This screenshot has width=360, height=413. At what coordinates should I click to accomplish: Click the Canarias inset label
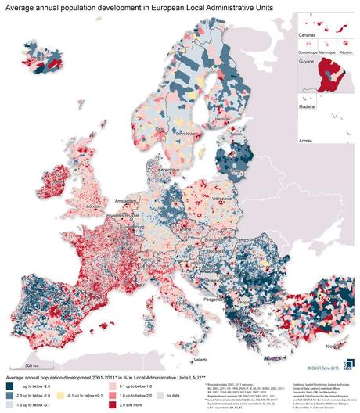[300, 35]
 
